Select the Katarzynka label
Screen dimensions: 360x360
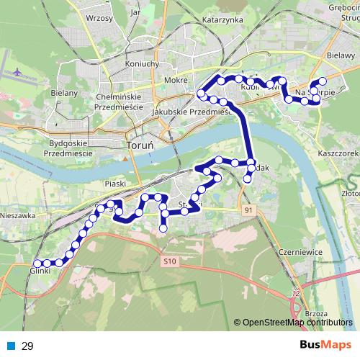coord(224,20)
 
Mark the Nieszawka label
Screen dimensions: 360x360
coord(17,215)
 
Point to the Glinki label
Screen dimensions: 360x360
coord(41,271)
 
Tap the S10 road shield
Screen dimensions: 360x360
coord(170,260)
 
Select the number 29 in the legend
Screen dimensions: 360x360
coord(28,346)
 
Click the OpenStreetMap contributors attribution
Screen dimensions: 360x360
coord(297,323)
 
